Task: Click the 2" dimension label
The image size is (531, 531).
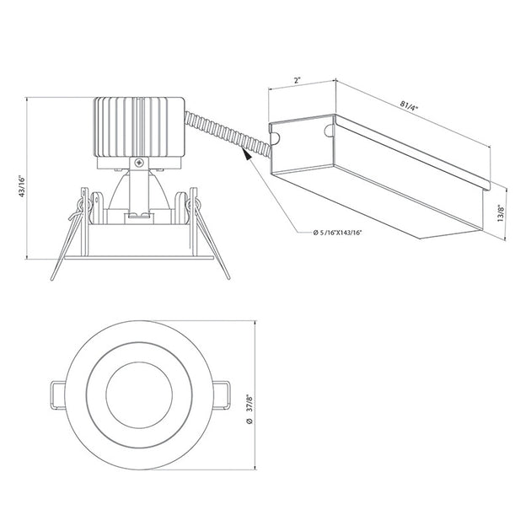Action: point(298,81)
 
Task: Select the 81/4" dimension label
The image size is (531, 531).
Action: point(409,105)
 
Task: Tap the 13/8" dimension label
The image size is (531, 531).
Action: point(501,213)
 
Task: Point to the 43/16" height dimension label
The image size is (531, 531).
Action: point(22,186)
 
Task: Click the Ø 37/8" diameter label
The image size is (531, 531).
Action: point(250,409)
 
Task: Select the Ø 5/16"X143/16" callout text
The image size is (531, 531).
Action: point(337,233)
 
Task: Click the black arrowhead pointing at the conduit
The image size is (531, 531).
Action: point(247,154)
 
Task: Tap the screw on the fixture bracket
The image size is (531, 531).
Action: point(139,163)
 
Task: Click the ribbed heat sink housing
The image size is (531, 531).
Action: point(139,127)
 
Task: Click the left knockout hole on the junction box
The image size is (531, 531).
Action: point(275,137)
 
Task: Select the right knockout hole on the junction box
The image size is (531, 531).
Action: point(329,131)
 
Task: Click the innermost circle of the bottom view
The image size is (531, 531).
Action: point(139,395)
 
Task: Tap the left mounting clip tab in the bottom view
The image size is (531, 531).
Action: point(57,395)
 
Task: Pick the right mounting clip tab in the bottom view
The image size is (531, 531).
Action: point(222,395)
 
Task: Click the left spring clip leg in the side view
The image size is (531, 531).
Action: point(67,243)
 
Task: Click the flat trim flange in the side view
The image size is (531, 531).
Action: point(139,258)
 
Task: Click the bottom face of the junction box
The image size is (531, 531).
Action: point(378,202)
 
